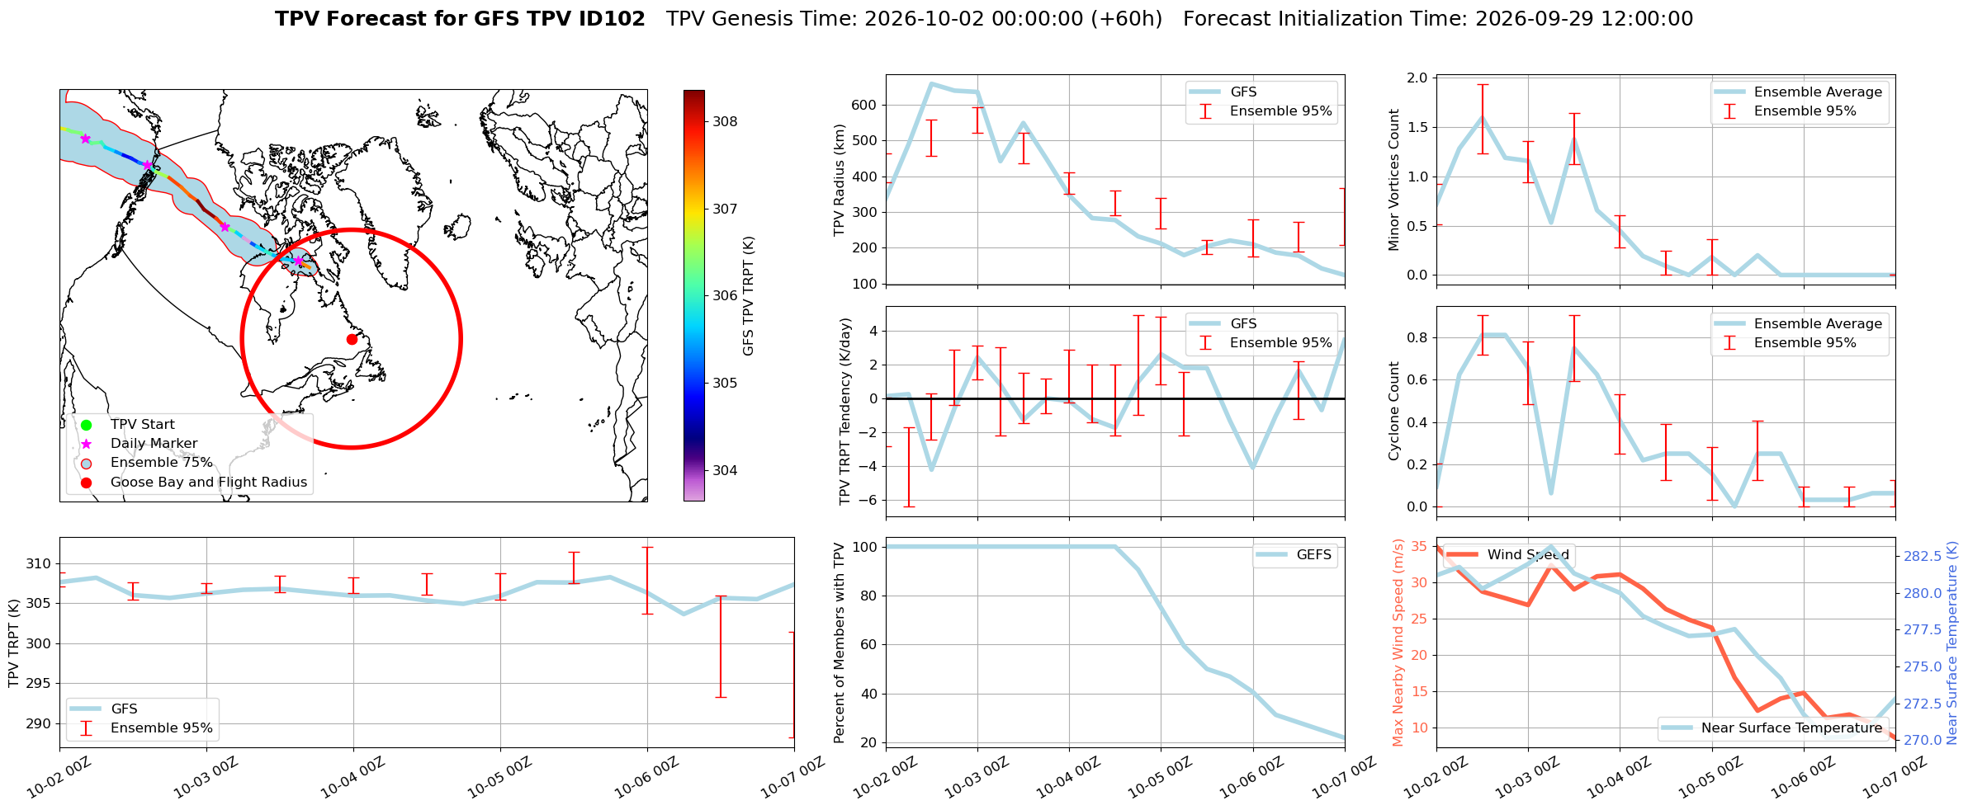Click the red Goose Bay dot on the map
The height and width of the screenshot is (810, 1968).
(352, 339)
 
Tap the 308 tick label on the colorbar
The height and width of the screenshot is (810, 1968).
(725, 122)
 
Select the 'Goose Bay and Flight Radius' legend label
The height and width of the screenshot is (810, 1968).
(209, 483)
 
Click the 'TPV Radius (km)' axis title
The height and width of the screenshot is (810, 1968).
(840, 180)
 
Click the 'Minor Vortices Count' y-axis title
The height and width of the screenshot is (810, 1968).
(1394, 180)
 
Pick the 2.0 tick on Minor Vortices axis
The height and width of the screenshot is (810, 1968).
(1417, 78)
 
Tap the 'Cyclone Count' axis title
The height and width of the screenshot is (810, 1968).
(1394, 412)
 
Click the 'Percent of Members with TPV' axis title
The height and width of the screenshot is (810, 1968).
(840, 643)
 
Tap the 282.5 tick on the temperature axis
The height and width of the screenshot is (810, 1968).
(1923, 557)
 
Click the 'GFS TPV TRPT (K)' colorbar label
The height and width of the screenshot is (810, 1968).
(749, 296)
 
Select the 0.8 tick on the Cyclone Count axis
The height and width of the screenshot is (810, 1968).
(1417, 338)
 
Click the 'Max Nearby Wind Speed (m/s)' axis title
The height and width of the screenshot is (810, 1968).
(1398, 643)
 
